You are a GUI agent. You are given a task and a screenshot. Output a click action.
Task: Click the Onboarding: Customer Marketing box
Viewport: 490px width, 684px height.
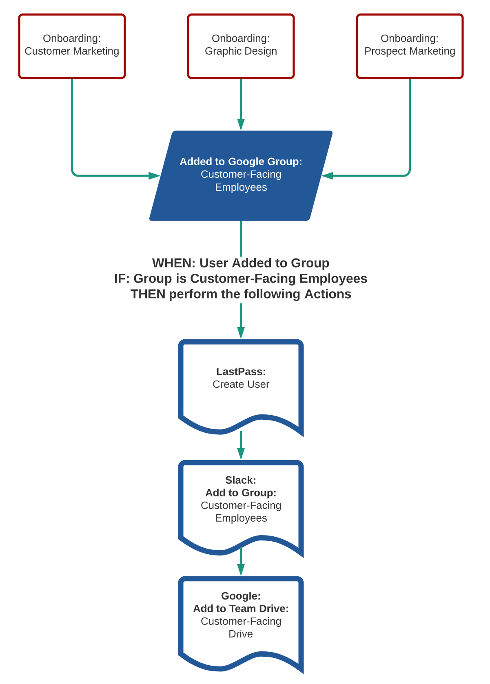click(72, 46)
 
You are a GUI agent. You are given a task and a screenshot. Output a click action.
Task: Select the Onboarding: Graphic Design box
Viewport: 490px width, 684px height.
click(241, 46)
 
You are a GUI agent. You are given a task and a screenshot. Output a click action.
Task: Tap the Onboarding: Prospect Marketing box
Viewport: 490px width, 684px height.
click(410, 46)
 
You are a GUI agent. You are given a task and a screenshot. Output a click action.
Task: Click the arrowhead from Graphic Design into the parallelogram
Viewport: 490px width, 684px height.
click(241, 124)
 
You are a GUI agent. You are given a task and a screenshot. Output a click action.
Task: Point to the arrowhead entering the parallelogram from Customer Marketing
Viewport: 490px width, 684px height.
click(154, 176)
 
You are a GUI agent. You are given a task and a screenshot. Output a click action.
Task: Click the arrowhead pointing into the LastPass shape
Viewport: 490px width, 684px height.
click(241, 332)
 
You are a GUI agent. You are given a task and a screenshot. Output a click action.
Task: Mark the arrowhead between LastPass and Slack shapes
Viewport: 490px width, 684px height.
click(241, 453)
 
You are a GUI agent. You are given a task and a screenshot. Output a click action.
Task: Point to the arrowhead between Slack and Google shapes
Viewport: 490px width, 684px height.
click(241, 569)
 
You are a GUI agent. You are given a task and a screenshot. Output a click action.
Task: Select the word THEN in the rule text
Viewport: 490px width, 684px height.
click(148, 294)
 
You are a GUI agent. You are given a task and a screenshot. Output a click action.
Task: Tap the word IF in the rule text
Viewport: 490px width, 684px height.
click(121, 279)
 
